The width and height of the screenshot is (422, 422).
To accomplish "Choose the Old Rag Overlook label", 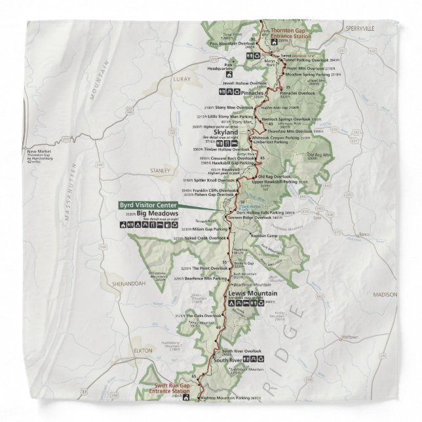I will pos(273,176).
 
